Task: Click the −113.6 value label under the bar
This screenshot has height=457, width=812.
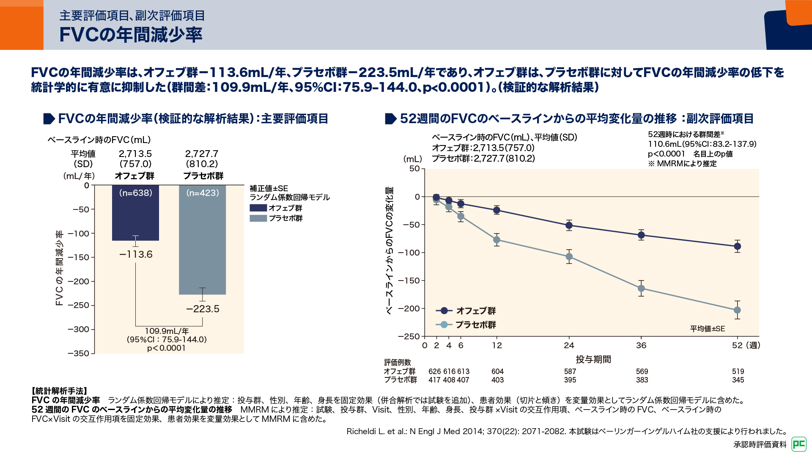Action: [x=136, y=254]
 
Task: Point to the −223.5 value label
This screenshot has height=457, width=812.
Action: [x=203, y=309]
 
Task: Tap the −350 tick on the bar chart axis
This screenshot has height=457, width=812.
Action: [x=79, y=353]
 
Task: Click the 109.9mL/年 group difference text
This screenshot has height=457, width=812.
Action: [x=167, y=331]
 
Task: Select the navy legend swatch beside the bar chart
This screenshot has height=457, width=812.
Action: [x=258, y=208]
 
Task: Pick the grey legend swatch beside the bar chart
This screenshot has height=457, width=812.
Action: [x=258, y=218]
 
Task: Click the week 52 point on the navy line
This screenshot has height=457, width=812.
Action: [x=737, y=246]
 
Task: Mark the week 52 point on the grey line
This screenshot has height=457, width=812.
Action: [x=737, y=310]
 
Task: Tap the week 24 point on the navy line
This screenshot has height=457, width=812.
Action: [x=569, y=226]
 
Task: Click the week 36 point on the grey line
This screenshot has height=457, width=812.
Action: [x=641, y=289]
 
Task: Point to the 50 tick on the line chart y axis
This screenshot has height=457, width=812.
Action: [x=414, y=169]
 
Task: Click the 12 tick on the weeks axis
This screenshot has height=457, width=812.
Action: [x=497, y=345]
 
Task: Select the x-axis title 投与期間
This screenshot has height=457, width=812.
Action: [x=593, y=359]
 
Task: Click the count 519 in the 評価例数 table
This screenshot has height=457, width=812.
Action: [x=738, y=371]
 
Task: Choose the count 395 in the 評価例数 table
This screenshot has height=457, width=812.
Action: [x=570, y=380]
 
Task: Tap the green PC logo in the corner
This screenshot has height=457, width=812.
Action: [x=799, y=444]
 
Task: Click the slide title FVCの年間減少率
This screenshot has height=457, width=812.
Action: [x=131, y=35]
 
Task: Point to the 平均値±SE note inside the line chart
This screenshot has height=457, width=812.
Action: [x=708, y=329]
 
